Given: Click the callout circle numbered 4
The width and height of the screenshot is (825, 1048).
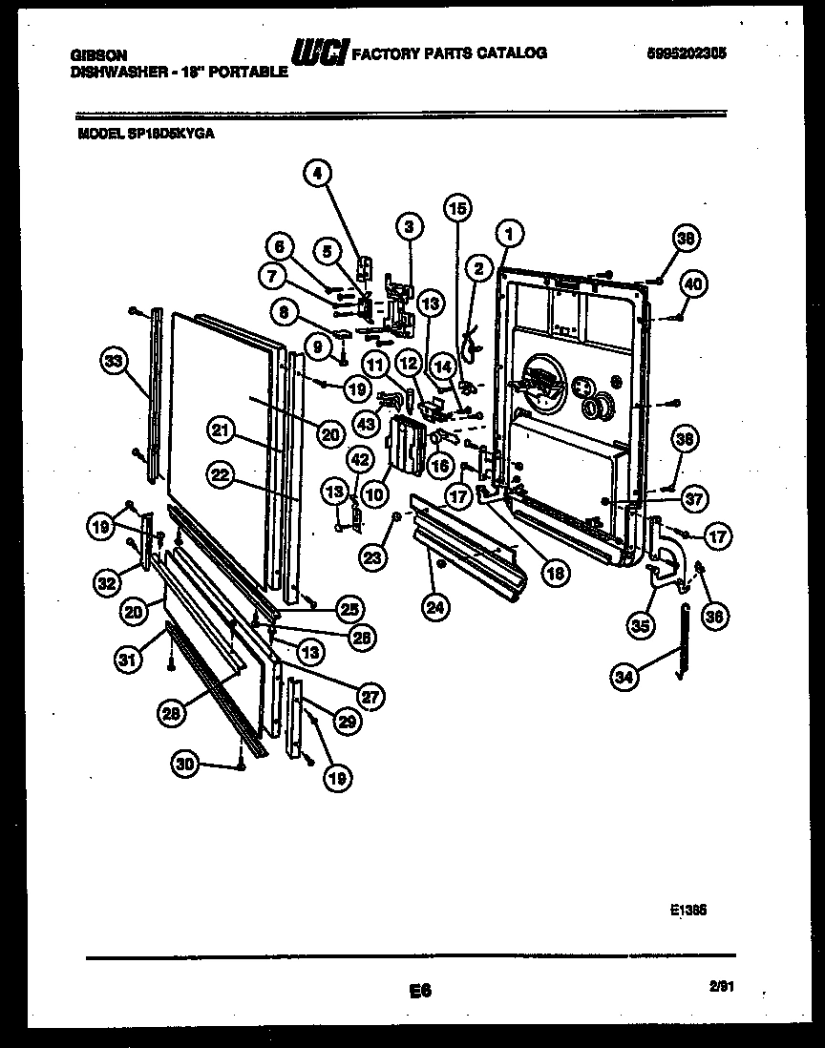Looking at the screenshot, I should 318,173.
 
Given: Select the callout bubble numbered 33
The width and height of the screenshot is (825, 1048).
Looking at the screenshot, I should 114,360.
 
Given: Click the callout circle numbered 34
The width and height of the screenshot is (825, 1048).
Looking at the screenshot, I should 624,678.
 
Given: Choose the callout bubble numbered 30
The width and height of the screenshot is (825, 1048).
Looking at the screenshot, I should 186,762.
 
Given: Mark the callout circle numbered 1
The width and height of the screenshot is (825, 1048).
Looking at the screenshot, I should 510,231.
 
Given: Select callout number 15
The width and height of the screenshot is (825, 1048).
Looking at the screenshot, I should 458,207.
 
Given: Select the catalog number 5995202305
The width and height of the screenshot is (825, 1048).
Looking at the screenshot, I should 686,55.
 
